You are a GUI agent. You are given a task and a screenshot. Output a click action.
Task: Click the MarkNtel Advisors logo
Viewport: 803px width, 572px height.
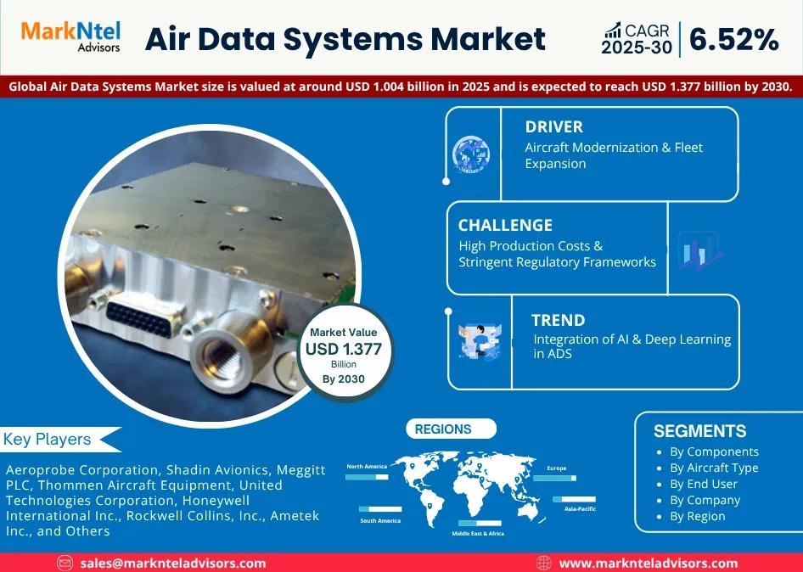[70, 36]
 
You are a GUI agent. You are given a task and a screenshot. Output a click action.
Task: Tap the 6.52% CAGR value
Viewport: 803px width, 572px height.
[734, 39]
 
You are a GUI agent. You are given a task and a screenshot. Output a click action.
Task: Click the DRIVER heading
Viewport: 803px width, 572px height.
[554, 127]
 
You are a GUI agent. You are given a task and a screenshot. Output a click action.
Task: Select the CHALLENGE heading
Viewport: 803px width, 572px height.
[505, 225]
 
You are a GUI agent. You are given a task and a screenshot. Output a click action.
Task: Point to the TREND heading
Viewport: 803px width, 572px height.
[559, 320]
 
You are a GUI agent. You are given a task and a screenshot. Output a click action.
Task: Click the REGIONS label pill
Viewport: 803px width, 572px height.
[452, 429]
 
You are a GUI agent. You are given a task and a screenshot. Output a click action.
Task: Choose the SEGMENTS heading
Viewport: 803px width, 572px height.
[699, 431]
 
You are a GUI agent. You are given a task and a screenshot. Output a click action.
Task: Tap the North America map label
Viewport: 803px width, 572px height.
[367, 467]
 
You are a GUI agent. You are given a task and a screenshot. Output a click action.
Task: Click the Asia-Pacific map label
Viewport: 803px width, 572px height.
[581, 509]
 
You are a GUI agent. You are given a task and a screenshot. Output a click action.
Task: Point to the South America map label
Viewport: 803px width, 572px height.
[380, 521]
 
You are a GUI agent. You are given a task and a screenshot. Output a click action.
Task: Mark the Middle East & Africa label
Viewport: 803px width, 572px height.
[478, 534]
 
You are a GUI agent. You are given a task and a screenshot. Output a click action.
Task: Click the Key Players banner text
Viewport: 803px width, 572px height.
[48, 440]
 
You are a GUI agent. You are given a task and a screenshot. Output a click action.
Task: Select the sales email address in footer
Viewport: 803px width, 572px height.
[173, 564]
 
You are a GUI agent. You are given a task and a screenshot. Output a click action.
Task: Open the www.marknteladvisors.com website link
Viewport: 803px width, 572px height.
[649, 564]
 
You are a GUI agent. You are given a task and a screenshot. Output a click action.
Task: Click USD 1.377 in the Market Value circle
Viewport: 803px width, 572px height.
[344, 350]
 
